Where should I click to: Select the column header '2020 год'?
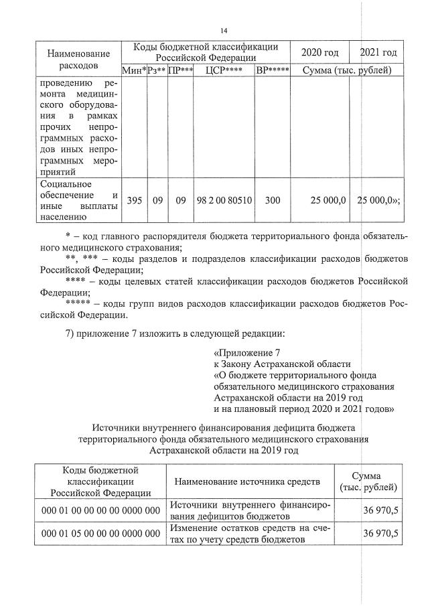coord(320,52)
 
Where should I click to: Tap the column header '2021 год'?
coord(378,52)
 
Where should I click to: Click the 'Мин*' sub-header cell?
coord(134,70)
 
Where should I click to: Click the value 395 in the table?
coord(134,200)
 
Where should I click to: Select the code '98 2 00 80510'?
coord(224,200)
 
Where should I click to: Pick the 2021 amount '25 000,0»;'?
coord(379,200)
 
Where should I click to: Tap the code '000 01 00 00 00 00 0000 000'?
coord(100,511)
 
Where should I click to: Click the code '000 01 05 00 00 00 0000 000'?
coord(100,534)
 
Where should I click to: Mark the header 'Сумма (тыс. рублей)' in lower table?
coord(370,481)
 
